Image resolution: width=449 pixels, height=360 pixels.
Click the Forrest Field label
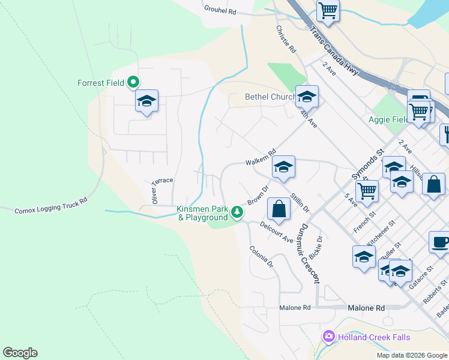100,83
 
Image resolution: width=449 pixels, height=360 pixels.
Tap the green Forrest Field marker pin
133,83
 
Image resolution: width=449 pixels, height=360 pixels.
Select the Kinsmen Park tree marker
238,212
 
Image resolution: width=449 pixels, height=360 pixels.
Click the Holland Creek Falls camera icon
328,336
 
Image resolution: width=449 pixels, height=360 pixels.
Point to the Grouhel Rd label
221,11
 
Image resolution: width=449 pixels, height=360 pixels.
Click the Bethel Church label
270,97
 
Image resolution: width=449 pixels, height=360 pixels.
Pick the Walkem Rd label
260,157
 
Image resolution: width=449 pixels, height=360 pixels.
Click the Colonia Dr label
261,256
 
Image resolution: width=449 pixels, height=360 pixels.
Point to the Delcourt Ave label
277,232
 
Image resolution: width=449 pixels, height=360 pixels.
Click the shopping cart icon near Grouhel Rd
328,9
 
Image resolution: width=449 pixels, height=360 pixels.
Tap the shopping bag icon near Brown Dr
279,209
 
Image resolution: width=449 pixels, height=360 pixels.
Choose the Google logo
20,353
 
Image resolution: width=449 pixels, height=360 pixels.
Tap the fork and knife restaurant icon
445,133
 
